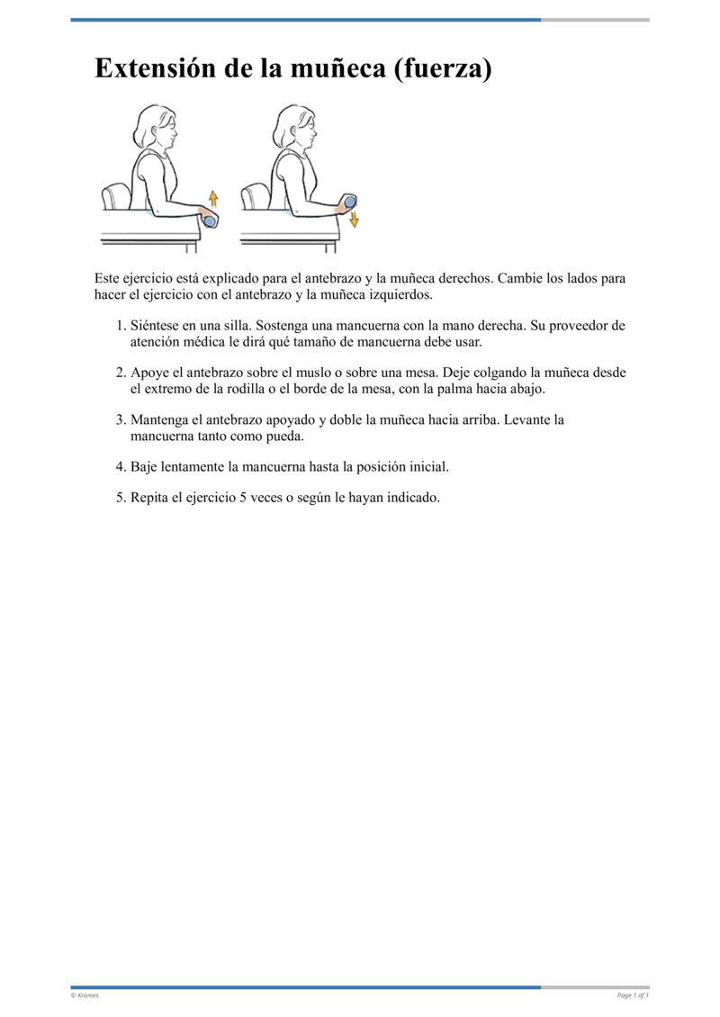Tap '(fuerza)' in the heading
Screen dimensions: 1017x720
tap(443, 69)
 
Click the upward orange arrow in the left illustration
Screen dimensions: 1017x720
tap(213, 198)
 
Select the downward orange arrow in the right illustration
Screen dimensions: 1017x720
tap(354, 219)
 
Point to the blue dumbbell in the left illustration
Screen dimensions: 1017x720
tap(210, 220)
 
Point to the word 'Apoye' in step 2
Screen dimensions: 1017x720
tap(148, 373)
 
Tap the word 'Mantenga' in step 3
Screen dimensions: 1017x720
tap(159, 419)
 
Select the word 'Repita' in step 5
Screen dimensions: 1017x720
tap(150, 497)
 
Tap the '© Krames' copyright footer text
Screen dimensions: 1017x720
tap(85, 995)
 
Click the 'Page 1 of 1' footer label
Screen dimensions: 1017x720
tap(633, 995)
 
